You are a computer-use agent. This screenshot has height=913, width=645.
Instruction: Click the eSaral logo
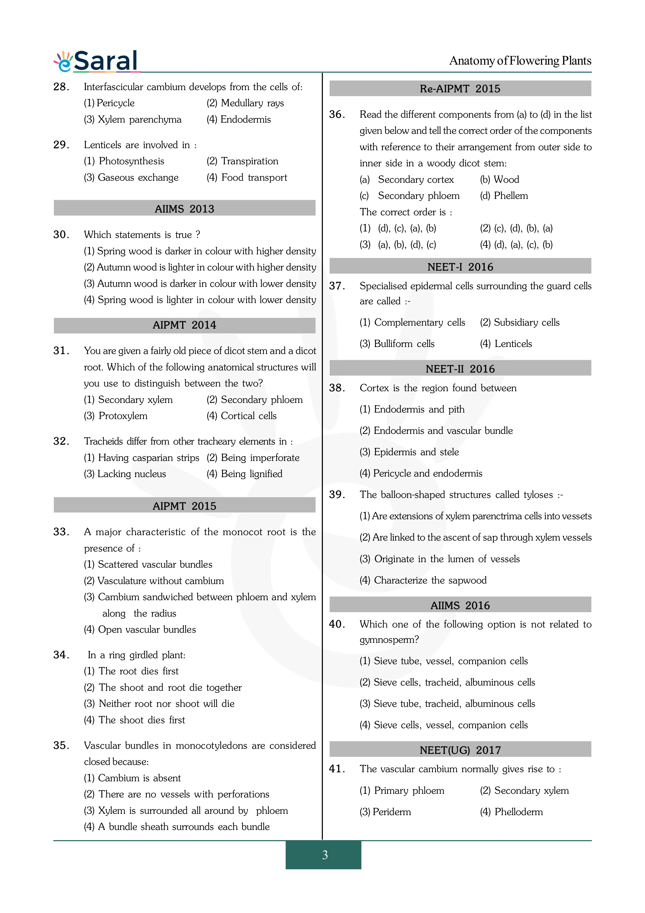(x=97, y=61)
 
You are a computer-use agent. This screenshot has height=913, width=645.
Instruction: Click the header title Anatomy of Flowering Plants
(x=520, y=61)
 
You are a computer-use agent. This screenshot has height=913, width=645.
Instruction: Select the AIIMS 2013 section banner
(x=184, y=208)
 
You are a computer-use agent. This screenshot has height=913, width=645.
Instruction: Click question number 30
(x=61, y=234)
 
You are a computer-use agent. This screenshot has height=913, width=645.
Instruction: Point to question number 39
(x=337, y=495)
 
